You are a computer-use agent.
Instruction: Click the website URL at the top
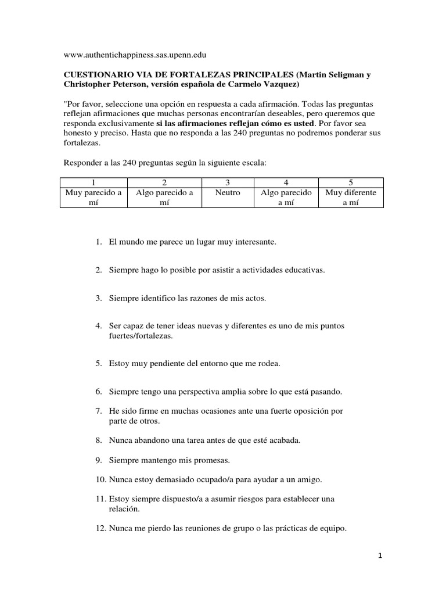pos(135,55)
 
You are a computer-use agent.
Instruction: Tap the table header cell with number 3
pos(227,182)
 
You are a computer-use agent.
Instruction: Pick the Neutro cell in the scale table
pos(227,192)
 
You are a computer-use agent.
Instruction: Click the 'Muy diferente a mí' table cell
pos(351,198)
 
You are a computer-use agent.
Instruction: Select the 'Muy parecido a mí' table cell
pos(93,198)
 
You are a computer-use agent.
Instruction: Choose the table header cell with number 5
pos(351,182)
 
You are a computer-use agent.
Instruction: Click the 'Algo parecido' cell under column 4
pos(286,198)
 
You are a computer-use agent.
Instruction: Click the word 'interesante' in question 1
pos(254,241)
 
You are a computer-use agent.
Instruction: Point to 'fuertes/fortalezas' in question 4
pos(141,336)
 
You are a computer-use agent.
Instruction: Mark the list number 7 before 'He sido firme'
pos(98,411)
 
